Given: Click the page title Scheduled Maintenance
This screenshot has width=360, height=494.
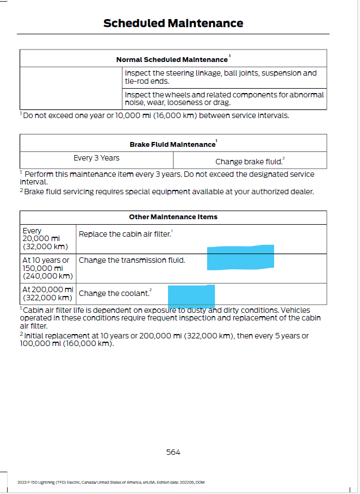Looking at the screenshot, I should click(173, 23).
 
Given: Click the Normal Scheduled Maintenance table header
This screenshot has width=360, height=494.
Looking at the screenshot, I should click(173, 59).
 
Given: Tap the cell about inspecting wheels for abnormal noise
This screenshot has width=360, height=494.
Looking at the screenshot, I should click(224, 98).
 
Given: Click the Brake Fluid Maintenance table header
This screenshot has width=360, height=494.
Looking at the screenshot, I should click(173, 144).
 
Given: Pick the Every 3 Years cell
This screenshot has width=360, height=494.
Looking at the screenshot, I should click(96, 158).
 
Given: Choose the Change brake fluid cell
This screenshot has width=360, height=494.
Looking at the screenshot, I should click(250, 162).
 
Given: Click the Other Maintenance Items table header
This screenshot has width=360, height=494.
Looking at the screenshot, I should click(173, 217).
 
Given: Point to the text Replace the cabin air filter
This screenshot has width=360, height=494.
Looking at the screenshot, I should click(125, 234).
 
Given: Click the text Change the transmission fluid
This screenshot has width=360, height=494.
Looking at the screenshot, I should click(132, 261).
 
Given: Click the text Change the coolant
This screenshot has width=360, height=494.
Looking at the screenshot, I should click(114, 293).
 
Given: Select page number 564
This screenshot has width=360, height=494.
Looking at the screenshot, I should click(173, 452).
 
